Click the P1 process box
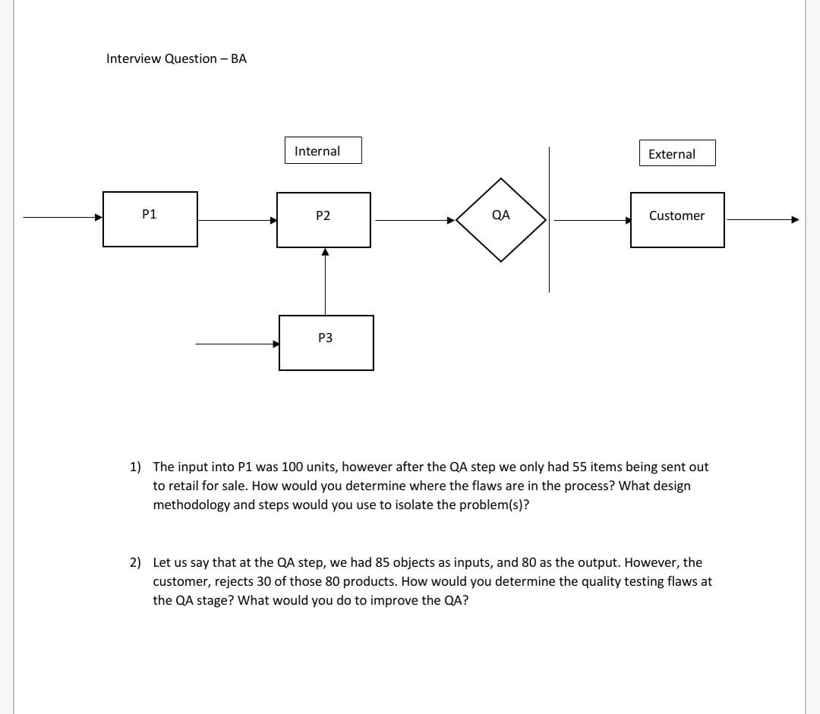(150, 219)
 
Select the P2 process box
(323, 220)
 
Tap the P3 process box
(326, 343)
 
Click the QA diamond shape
(501, 220)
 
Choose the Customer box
(676, 220)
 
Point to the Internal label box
(323, 150)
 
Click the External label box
(676, 153)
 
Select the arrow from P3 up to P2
(325, 281)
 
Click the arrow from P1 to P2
(237, 221)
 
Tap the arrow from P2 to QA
(414, 221)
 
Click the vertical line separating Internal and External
(549, 219)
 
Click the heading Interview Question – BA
(176, 58)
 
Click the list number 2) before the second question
(135, 563)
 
